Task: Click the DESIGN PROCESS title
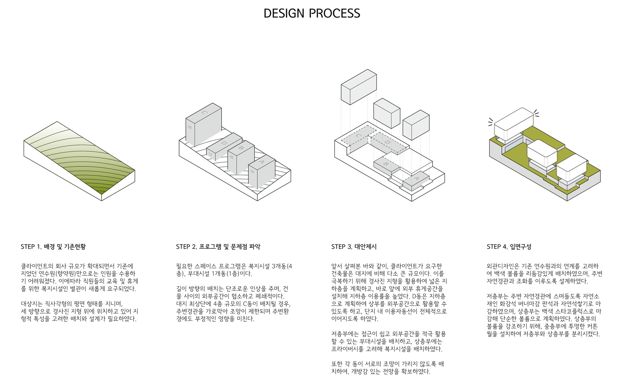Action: [x=312, y=13]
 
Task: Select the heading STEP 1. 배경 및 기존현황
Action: [x=53, y=247]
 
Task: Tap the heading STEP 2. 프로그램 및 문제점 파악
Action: [x=218, y=247]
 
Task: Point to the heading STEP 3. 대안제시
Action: [x=354, y=247]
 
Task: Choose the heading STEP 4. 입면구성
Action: [x=509, y=247]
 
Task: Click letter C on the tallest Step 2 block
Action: [x=205, y=113]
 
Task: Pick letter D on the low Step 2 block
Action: [x=224, y=143]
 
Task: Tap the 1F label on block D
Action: [x=210, y=154]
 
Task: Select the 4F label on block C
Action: [x=190, y=127]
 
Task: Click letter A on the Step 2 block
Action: [x=261, y=162]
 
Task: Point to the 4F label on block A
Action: [x=252, y=171]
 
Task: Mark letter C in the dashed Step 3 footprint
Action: [x=359, y=136]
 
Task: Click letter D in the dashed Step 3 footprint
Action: [x=387, y=142]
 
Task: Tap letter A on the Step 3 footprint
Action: [x=416, y=179]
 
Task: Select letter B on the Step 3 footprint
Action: [x=386, y=164]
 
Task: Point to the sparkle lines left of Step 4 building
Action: [x=491, y=122]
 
